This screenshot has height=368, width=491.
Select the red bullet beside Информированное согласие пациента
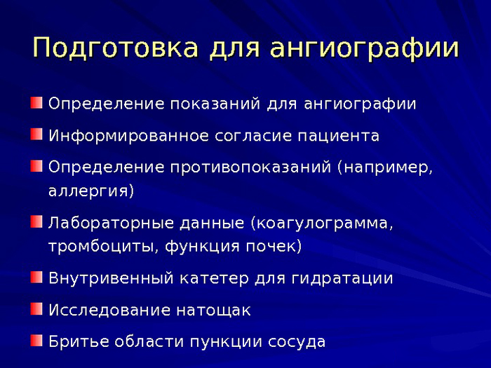pyautogui.click(x=36, y=134)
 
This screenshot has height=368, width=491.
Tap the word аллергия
pyautogui.click(x=89, y=191)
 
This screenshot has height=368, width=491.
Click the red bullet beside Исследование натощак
pyautogui.click(x=36, y=308)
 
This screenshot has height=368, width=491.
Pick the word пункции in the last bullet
pyautogui.click(x=226, y=343)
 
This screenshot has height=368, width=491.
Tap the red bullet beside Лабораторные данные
pyautogui.click(x=36, y=222)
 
